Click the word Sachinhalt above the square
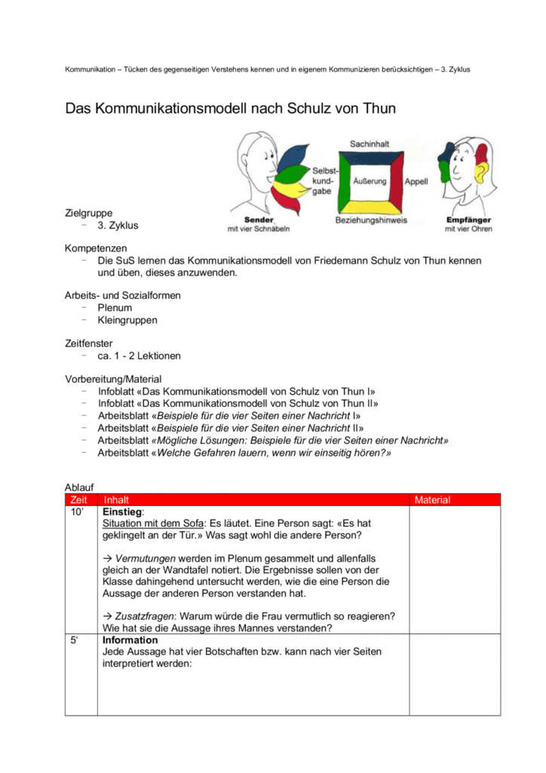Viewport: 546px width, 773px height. coord(370,143)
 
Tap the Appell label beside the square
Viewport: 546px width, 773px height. coord(416,182)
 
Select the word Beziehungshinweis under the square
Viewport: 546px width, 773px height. coord(371,220)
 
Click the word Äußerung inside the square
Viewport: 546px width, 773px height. coord(370,181)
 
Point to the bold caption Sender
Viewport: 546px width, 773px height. coord(259,220)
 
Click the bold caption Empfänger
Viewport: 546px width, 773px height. coord(468,220)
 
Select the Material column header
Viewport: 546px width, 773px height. coord(433,500)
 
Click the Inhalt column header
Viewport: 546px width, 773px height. coord(116,500)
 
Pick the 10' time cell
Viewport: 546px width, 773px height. coord(76,512)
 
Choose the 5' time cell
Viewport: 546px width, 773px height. coord(75,640)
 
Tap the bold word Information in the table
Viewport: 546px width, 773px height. coord(130,640)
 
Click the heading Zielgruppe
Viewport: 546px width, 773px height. coord(89,213)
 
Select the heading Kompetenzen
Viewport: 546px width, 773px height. coord(96,248)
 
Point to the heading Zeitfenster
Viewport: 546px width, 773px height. coord(89,343)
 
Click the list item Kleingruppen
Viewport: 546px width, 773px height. coord(127,320)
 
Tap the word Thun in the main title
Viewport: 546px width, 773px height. coord(377,109)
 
